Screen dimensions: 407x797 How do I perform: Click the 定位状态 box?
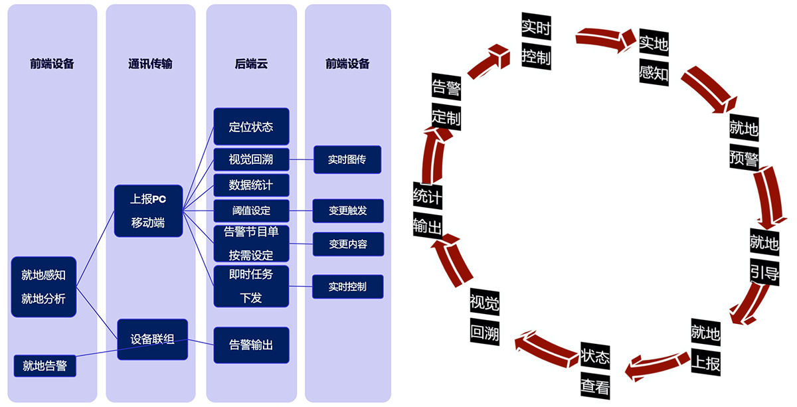[251, 127]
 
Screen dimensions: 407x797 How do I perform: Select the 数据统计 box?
[251, 183]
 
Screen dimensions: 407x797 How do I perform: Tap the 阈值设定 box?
[251, 211]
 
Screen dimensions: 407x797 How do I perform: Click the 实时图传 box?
[347, 160]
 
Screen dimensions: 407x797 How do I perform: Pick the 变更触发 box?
[347, 211]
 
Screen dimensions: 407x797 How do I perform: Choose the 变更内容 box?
[347, 244]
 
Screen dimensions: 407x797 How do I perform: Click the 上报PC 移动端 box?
[148, 211]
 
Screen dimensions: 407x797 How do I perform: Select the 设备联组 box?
[153, 339]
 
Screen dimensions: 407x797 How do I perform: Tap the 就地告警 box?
[45, 365]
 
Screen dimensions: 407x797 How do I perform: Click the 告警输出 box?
[251, 345]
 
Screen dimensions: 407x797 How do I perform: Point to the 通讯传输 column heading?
[150, 64]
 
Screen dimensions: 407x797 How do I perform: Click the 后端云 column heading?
[251, 64]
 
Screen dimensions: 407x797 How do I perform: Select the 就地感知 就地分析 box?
[44, 287]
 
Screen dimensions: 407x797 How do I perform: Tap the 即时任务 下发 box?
[251, 285]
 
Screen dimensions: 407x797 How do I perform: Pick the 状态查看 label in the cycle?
[595, 372]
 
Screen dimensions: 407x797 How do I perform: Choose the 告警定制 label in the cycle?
[446, 102]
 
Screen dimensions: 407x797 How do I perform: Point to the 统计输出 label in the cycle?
[427, 210]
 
